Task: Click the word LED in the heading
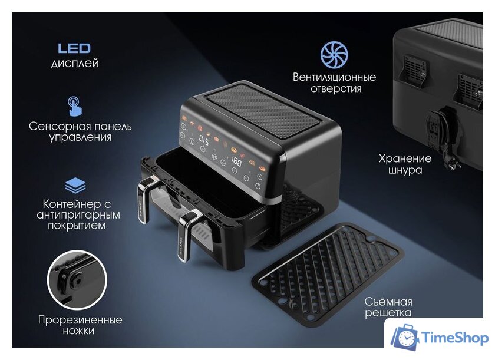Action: tap(74, 48)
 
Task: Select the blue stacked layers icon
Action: tap(75, 184)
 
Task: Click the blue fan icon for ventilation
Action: tap(334, 54)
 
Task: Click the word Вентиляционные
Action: tap(335, 77)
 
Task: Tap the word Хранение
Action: tap(405, 158)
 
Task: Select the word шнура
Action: tap(405, 170)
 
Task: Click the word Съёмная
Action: tap(388, 301)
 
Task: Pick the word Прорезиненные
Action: tap(80, 320)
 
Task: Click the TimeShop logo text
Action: tap(455, 338)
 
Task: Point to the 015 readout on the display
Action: tap(204, 141)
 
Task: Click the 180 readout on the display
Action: tap(236, 161)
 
